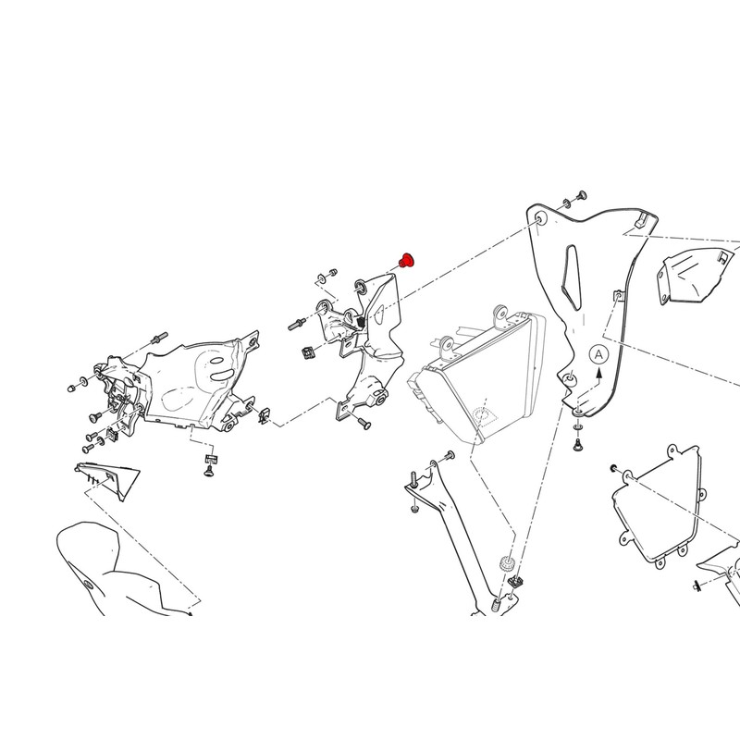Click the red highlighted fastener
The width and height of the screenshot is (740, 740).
pyautogui.click(x=405, y=259)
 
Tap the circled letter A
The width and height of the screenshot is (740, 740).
pyautogui.click(x=598, y=354)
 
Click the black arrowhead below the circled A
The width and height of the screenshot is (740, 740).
pyautogui.click(x=598, y=373)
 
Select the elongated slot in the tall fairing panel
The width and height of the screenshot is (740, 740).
pyautogui.click(x=569, y=277)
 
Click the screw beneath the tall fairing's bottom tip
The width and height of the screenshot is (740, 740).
pyautogui.click(x=576, y=444)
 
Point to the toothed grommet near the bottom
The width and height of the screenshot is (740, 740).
pyautogui.click(x=506, y=563)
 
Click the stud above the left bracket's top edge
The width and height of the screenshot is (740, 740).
pyautogui.click(x=159, y=338)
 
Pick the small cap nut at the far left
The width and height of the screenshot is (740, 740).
pyautogui.click(x=71, y=388)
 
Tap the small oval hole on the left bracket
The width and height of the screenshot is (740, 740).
pyautogui.click(x=216, y=361)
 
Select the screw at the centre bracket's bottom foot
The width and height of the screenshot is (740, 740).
pyautogui.click(x=364, y=424)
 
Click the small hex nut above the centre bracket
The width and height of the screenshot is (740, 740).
pyautogui.click(x=332, y=272)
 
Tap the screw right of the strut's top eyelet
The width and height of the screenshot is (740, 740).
pyautogui.click(x=450, y=455)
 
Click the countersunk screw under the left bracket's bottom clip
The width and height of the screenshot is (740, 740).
pyautogui.click(x=209, y=470)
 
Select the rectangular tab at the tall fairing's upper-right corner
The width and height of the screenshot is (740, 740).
pyautogui.click(x=641, y=218)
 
